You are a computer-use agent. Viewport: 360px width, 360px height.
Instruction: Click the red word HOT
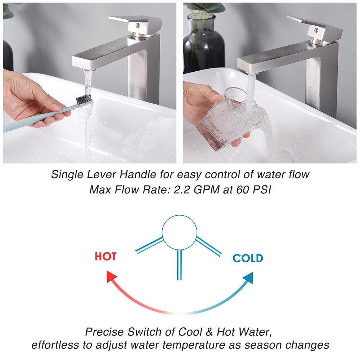click(105, 256)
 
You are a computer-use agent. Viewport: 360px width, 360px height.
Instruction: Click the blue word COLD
click(248, 258)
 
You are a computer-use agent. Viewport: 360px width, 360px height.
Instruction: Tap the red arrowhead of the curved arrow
click(111, 276)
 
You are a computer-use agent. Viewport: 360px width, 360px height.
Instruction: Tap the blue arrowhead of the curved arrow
click(248, 278)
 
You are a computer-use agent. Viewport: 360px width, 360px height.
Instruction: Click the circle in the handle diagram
click(180, 232)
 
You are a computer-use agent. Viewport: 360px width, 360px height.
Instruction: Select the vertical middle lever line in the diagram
click(179, 265)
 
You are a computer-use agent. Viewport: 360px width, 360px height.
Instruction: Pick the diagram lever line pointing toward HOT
click(149, 246)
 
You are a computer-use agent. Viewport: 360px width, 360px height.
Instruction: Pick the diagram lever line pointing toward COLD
click(208, 247)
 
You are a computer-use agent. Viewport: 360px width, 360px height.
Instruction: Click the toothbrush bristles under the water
click(84, 99)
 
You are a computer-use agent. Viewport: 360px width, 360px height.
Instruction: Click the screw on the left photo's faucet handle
click(138, 26)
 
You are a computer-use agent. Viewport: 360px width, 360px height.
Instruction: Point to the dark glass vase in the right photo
click(204, 44)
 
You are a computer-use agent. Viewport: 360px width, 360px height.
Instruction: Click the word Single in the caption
click(67, 175)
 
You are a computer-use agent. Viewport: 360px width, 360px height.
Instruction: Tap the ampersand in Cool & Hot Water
click(209, 332)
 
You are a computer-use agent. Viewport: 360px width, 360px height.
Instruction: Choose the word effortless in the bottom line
click(55, 345)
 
